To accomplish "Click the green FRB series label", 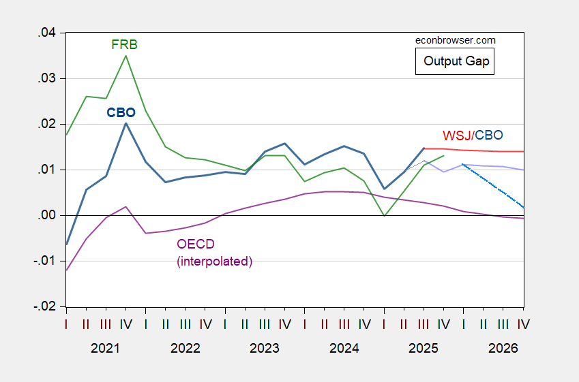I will (x=124, y=45).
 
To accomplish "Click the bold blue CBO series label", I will (x=121, y=112).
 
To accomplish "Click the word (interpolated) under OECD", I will (x=214, y=261).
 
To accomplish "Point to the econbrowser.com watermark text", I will (x=456, y=40).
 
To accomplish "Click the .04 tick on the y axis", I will (x=48, y=33).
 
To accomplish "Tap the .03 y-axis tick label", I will (x=48, y=78).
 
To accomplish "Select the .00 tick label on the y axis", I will (x=48, y=215).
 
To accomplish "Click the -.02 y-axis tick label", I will (x=45, y=306).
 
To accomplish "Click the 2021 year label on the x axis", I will (x=106, y=348).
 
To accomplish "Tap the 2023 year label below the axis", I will (x=265, y=348).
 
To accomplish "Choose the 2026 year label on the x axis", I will (x=503, y=348).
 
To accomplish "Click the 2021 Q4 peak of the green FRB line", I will (x=125, y=55).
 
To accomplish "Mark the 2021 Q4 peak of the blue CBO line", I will (x=125, y=123).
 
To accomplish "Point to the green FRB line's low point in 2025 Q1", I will (x=385, y=216).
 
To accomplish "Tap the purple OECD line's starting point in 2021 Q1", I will (x=66, y=270).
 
